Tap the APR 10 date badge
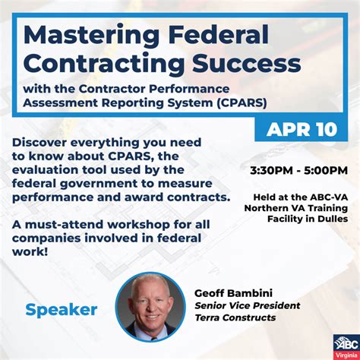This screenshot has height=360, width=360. click(302, 129)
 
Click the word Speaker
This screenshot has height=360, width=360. click(62, 309)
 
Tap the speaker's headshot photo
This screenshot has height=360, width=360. click(150, 306)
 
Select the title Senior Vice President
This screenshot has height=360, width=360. click(247, 305)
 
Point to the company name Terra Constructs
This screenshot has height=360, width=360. click(235, 317)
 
